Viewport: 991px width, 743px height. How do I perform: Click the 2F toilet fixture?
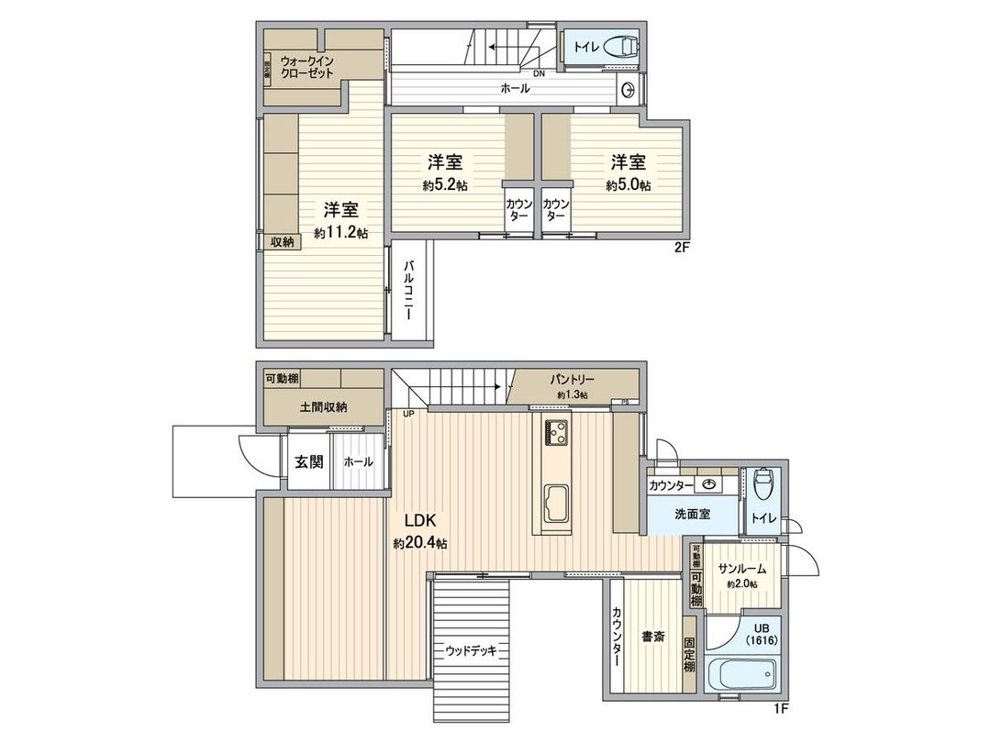click(623, 46)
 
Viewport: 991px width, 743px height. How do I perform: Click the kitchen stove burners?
click(556, 431)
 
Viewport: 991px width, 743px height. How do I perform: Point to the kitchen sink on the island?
click(556, 504)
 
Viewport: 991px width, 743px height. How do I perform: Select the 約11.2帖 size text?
click(340, 234)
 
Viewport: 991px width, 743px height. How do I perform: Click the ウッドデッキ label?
click(471, 650)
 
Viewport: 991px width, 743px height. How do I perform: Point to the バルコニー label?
click(407, 289)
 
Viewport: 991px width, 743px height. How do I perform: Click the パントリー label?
click(573, 379)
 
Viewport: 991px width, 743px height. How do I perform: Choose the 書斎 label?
click(653, 636)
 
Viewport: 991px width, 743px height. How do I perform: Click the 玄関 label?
click(308, 461)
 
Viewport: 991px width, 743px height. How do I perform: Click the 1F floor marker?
click(781, 707)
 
